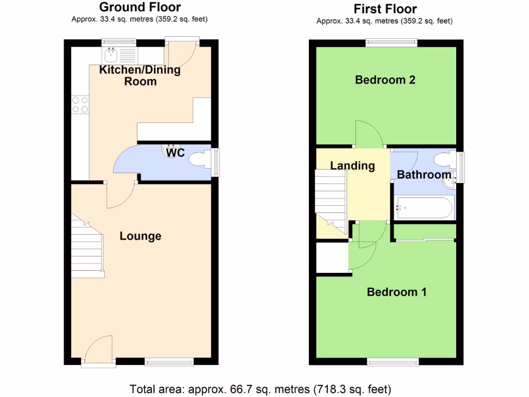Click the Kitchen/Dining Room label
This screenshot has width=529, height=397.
[x=140, y=75]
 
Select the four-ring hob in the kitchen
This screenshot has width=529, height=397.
[x=80, y=105]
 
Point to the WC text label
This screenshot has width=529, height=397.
[x=176, y=154]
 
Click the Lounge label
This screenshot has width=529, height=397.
[x=141, y=236]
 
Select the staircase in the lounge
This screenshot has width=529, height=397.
[x=87, y=246]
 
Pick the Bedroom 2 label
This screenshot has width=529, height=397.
[x=385, y=80]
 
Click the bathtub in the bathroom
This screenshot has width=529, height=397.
[x=424, y=208]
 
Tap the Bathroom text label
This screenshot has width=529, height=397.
[x=424, y=175]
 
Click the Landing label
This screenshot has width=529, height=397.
[x=352, y=165]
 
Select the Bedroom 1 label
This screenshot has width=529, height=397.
[x=396, y=292]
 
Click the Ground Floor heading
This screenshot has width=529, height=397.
[x=139, y=7]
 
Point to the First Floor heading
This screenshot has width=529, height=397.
[x=385, y=9]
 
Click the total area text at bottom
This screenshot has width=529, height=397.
[x=260, y=389]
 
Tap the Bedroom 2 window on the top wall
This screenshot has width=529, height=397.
[x=392, y=43]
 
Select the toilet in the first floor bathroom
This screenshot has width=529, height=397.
[x=444, y=159]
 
